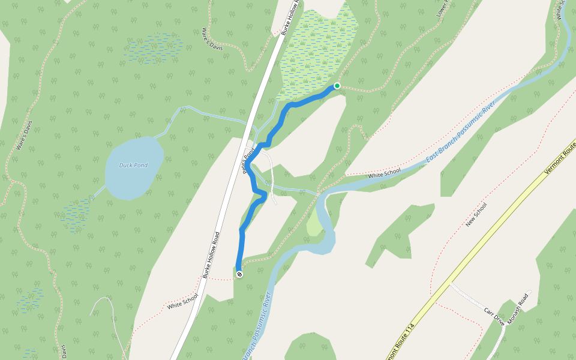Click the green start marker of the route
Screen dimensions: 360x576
[337, 86]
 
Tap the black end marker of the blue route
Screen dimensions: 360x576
[239, 274]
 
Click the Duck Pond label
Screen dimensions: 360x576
[133, 166]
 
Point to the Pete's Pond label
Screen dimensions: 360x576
[250, 160]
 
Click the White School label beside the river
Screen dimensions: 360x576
[385, 173]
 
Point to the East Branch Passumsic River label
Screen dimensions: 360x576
[460, 133]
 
